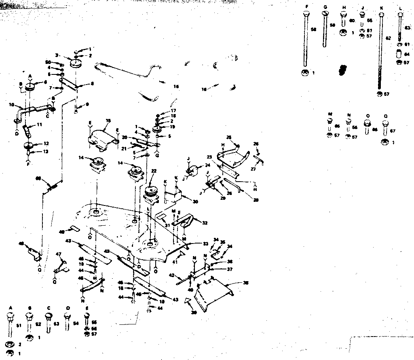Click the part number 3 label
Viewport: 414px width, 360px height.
(x=57, y=55)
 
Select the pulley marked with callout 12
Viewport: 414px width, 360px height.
(x=29, y=146)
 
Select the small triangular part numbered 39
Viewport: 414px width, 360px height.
(x=188, y=301)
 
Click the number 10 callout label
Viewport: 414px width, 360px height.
(x=11, y=104)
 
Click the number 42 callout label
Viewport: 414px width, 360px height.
(x=171, y=275)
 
